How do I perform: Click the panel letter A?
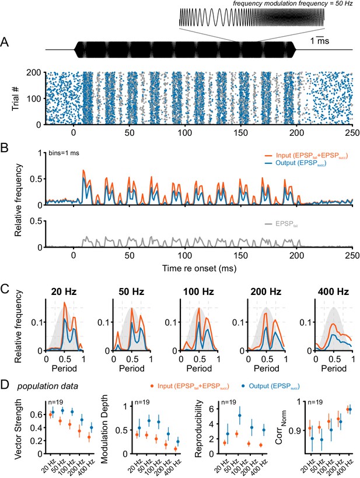click(x=5, y=42)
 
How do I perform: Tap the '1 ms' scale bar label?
click(x=320, y=41)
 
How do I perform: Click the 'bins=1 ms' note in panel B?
click(x=64, y=153)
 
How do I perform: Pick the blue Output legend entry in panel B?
click(x=296, y=163)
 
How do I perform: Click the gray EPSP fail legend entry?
click(x=282, y=224)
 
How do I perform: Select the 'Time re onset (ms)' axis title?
click(x=199, y=268)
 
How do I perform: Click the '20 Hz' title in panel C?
click(x=64, y=291)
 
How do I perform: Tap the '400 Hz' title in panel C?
click(x=333, y=291)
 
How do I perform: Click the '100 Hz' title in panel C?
click(x=198, y=291)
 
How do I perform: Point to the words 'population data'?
click(x=48, y=386)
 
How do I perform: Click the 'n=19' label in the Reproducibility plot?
click(x=229, y=402)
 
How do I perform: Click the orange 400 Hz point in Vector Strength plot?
click(x=89, y=437)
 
